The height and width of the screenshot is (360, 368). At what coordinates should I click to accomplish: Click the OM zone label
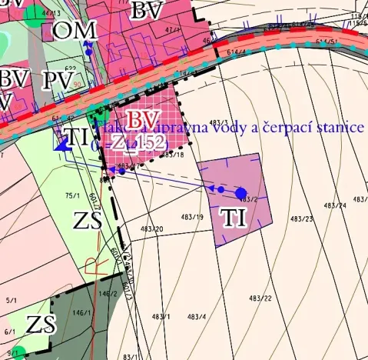(x=75, y=31)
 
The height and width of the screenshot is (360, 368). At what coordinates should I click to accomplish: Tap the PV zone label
(x=58, y=81)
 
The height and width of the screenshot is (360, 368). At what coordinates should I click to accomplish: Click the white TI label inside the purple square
(x=233, y=218)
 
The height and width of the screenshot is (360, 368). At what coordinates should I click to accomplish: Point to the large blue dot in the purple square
(x=240, y=192)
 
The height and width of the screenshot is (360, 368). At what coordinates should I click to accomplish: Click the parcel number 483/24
(x=335, y=206)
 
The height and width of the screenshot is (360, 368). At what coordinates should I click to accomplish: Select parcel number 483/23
(x=303, y=220)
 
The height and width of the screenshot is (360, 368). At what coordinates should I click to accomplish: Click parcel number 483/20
(x=151, y=229)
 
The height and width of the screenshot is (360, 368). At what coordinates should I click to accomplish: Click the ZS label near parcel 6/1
(x=39, y=324)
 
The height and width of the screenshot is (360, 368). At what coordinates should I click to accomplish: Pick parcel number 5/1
(x=12, y=300)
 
